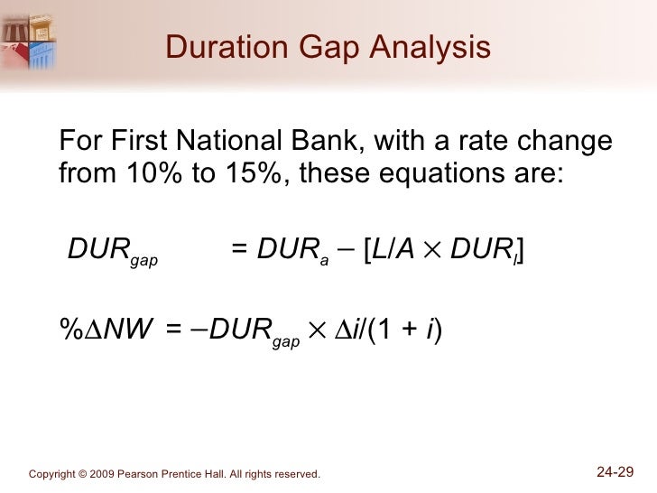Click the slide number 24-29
tap(615, 470)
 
